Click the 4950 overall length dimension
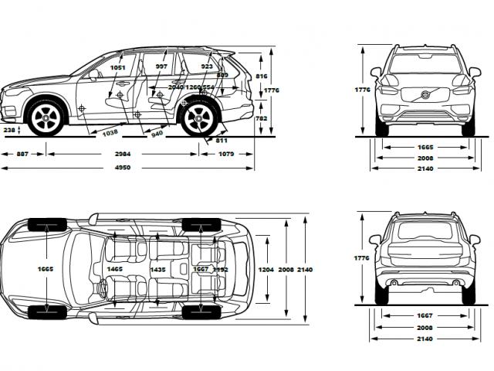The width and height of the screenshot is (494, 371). pyautogui.click(x=117, y=168)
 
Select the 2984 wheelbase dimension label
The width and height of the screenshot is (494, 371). pyautogui.click(x=123, y=154)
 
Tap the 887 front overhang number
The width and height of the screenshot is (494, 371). pyautogui.click(x=22, y=154)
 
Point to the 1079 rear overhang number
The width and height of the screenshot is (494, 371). pyautogui.click(x=226, y=154)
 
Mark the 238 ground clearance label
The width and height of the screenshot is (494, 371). pyautogui.click(x=9, y=131)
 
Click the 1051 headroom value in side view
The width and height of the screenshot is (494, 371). pyautogui.click(x=117, y=67)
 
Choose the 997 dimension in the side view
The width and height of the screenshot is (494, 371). pyautogui.click(x=161, y=67)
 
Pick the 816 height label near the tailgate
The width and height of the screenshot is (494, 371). pyautogui.click(x=262, y=77)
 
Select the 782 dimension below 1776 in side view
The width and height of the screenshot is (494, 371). pyautogui.click(x=262, y=118)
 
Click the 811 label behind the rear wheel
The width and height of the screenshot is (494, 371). pyautogui.click(x=222, y=140)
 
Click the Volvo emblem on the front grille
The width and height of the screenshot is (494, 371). pyautogui.click(x=422, y=94)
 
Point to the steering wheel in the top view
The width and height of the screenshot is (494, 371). pyautogui.click(x=102, y=287)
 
